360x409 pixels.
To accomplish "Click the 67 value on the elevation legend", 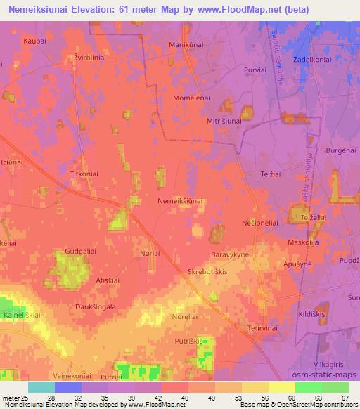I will [x=344, y=398].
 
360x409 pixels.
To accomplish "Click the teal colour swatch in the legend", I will [x=41, y=387].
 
